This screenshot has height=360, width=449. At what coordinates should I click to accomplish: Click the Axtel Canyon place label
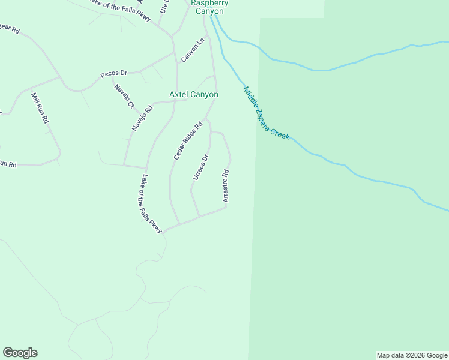[x=193, y=95]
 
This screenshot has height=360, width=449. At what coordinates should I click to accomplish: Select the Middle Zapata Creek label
[x=266, y=113]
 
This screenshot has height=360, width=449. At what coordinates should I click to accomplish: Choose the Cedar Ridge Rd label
[x=188, y=141]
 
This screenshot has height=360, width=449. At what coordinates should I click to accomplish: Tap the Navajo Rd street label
[x=143, y=117]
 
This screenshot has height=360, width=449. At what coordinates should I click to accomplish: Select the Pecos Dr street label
[x=113, y=73]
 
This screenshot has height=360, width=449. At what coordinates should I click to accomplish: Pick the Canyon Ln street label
[x=193, y=50]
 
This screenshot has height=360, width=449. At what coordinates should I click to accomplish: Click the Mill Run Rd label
[x=40, y=108]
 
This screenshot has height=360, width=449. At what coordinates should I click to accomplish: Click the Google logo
[x=20, y=353]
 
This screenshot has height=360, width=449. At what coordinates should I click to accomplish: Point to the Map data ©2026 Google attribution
[x=411, y=355]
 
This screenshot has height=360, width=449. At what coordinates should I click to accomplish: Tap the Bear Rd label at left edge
[x=10, y=28]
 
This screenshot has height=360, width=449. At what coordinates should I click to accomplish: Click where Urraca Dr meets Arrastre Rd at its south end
[x=199, y=217]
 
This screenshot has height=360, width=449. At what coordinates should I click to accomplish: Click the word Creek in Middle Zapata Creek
[x=279, y=133]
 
